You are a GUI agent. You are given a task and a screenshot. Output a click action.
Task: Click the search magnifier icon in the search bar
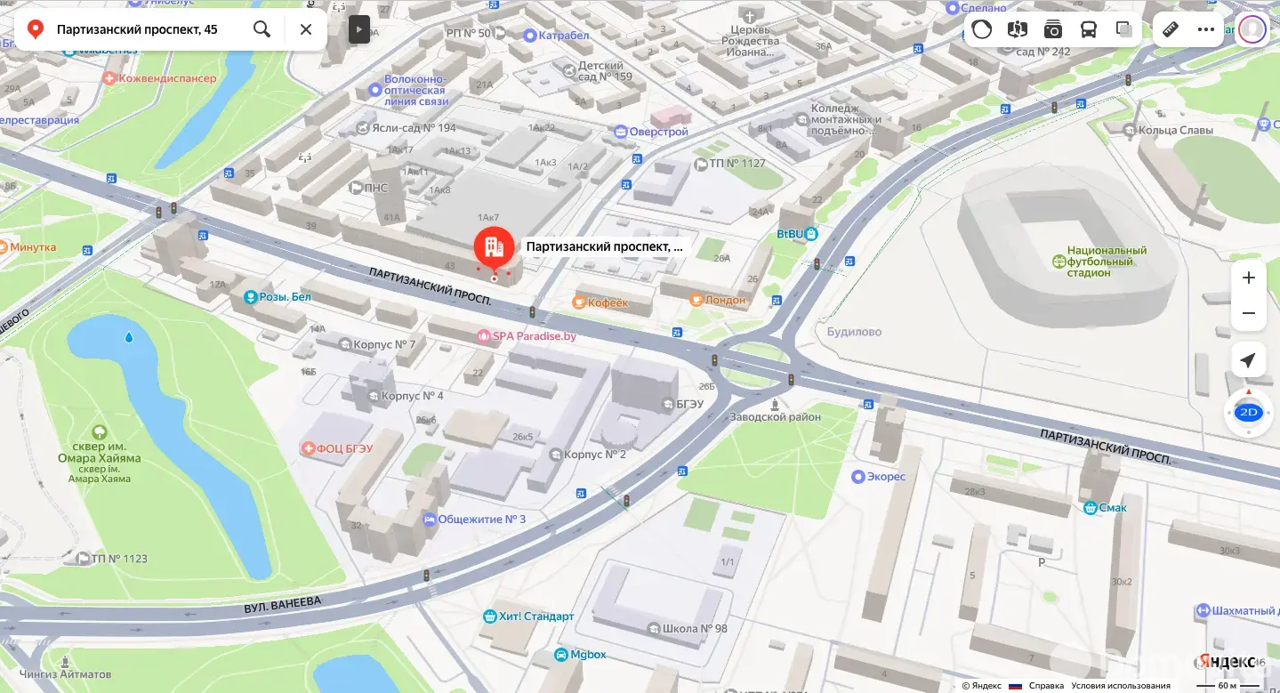262,29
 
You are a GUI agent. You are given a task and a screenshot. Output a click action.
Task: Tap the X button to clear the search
305,29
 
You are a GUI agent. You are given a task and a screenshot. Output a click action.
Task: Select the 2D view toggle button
1248,412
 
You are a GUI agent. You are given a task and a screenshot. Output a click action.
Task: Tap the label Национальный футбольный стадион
1107,262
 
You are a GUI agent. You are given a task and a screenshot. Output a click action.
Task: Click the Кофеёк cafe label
608,302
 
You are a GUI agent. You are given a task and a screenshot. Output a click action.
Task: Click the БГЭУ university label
689,404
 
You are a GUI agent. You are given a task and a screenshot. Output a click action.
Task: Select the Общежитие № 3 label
481,519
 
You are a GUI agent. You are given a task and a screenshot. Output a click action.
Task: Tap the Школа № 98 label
695,628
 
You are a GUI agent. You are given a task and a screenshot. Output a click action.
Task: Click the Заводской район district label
775,416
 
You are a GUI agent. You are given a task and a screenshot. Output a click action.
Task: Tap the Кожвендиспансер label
168,79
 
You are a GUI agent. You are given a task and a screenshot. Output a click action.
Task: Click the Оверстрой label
658,132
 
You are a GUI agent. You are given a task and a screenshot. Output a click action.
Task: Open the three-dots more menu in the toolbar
1205,29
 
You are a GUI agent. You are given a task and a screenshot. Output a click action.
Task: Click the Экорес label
885,476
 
